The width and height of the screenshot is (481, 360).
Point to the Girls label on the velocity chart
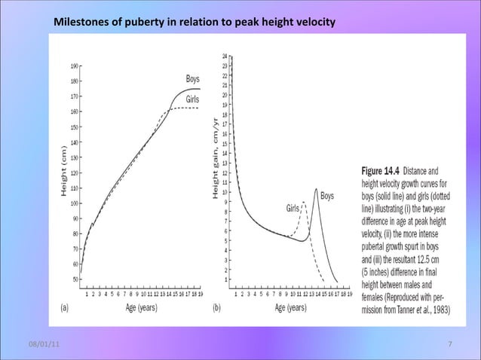(x=294, y=207)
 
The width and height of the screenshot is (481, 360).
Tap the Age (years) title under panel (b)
(x=290, y=309)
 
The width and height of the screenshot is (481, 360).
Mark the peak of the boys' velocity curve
(x=316, y=188)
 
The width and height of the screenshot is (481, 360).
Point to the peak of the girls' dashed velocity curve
(x=304, y=202)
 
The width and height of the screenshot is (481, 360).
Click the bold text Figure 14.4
(x=384, y=171)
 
